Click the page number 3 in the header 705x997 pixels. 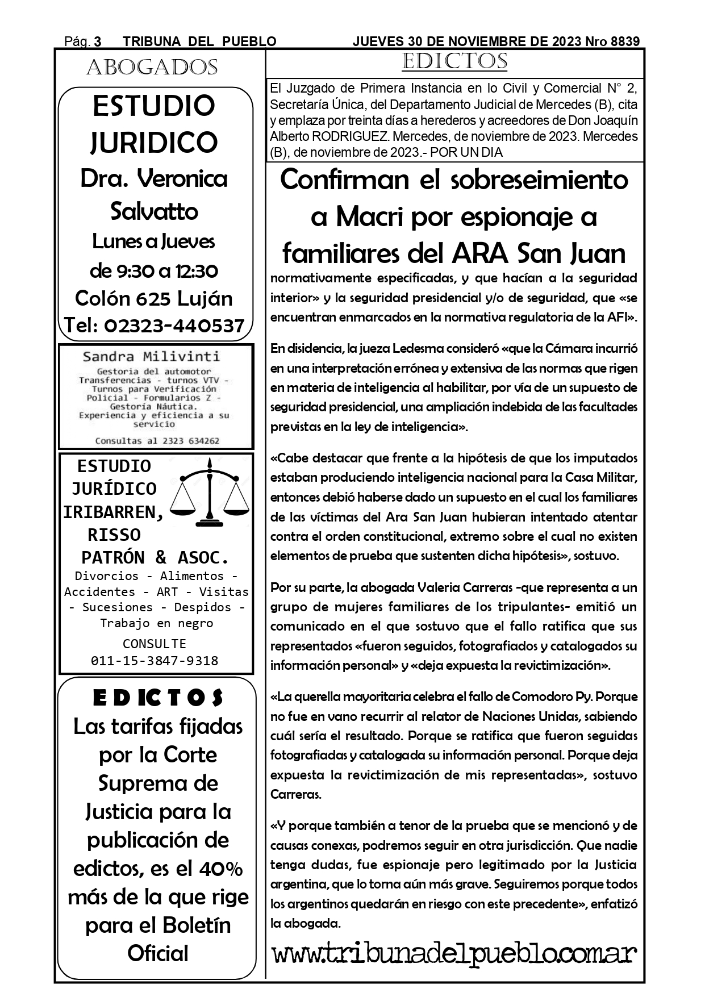pos(98,41)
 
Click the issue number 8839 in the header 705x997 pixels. pos(625,41)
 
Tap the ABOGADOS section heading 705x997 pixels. pos(152,68)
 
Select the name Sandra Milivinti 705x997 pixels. pos(151,357)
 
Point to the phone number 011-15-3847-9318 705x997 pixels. pos(155,661)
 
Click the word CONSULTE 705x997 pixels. pos(155,644)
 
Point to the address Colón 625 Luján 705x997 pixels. pos(154,298)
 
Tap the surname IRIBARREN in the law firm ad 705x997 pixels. pos(113,512)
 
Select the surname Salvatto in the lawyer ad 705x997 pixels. pos(154,212)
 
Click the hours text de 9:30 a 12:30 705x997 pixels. pos(154,271)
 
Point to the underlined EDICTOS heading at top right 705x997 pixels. pos(454,61)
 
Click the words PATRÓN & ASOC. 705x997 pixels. pos(155,557)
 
